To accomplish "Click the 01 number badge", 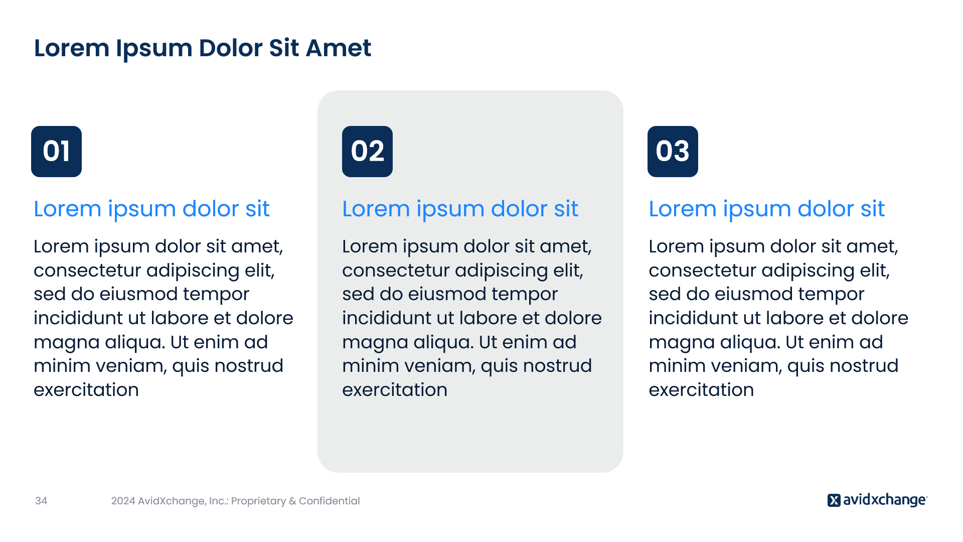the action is (x=56, y=152).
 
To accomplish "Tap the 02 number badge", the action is (x=367, y=152).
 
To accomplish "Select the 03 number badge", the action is (x=673, y=152).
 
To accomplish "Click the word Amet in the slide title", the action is (x=339, y=48).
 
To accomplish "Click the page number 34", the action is (x=41, y=501).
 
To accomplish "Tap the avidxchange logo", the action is (x=877, y=500).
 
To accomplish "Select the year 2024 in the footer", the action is (x=123, y=501).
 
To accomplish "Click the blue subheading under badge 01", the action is (x=151, y=209).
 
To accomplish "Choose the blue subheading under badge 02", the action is (x=460, y=209).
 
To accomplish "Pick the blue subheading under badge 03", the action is (x=766, y=209).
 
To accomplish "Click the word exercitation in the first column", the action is (x=86, y=390).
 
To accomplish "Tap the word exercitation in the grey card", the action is (x=395, y=390).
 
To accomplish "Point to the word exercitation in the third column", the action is (x=701, y=390).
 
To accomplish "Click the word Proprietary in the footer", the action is (x=258, y=501).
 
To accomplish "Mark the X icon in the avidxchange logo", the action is (x=834, y=500).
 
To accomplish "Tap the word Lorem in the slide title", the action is (x=72, y=48).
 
